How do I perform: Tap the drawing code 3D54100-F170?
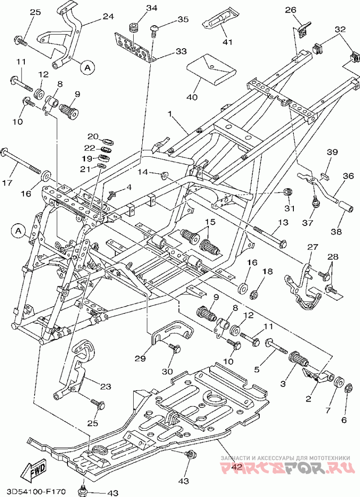(x=34, y=492)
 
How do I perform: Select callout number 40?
(x=192, y=97)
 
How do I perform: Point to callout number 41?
(x=228, y=41)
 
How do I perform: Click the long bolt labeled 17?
(x=22, y=161)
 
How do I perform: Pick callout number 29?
(x=140, y=358)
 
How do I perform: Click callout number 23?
(x=106, y=386)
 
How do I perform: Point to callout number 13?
(x=283, y=222)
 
